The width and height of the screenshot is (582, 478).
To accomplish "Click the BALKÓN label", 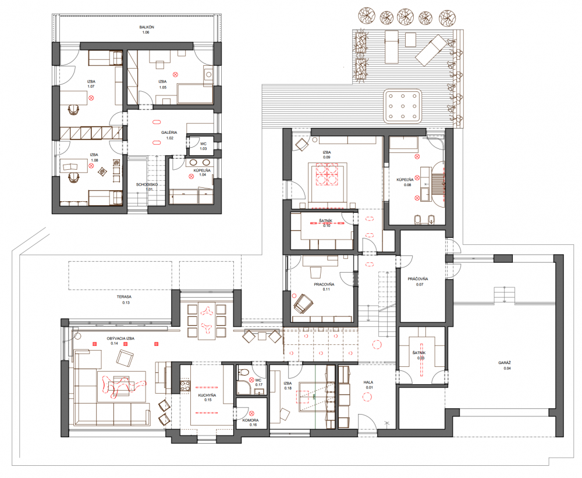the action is (x=147, y=27).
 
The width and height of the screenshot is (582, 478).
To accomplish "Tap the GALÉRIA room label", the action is (x=169, y=133).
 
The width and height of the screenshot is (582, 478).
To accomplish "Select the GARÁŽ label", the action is (x=505, y=363).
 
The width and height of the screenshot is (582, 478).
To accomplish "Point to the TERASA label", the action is (x=124, y=297).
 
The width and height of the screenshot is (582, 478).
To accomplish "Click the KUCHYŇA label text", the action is (x=207, y=395).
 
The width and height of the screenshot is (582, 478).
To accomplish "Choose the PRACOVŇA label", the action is (x=324, y=284).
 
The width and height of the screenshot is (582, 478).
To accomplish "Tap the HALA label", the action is (x=368, y=382).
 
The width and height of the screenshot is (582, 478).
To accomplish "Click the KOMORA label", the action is (x=250, y=420).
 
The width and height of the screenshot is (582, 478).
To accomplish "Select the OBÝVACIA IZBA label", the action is (x=120, y=338).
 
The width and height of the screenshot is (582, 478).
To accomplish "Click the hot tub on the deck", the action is (x=402, y=106).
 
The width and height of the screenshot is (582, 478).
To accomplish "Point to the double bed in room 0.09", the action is (x=327, y=181).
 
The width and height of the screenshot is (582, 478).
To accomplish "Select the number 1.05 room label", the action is (x=162, y=87).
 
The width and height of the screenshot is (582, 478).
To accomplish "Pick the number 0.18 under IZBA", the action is (x=288, y=388).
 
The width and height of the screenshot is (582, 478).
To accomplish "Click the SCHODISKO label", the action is (x=147, y=184).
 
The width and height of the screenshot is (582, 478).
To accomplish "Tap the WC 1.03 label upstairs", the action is (x=203, y=146).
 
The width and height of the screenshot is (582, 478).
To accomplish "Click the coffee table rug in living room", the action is (x=122, y=386).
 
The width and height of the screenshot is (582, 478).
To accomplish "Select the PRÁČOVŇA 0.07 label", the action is (x=418, y=281).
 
